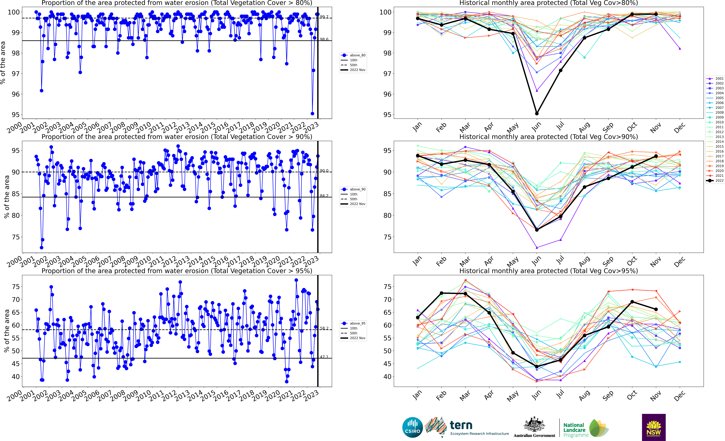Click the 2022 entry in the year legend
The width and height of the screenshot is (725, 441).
tap(715, 180)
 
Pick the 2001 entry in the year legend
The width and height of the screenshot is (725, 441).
tap(715, 78)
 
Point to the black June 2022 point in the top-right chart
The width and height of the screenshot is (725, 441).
tap(537, 113)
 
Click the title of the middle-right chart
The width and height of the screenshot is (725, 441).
tap(548, 137)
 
